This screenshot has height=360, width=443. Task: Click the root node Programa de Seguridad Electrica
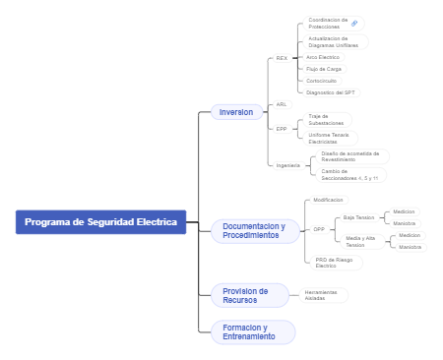pyautogui.click(x=100, y=222)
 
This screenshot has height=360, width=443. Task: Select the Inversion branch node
pyautogui.click(x=236, y=112)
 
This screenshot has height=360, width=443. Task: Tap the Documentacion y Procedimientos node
pyautogui.click(x=253, y=231)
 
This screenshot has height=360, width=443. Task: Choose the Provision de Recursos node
pyautogui.click(x=245, y=295)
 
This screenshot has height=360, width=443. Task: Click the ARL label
pyautogui.click(x=282, y=104)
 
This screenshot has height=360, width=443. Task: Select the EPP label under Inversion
pyautogui.click(x=282, y=129)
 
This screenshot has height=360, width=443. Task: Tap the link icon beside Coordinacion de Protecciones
pyautogui.click(x=355, y=23)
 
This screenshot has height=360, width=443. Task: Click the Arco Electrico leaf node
pyautogui.click(x=324, y=57)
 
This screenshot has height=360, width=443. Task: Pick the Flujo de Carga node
pyautogui.click(x=324, y=69)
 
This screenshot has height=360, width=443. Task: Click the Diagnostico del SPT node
pyautogui.click(x=332, y=92)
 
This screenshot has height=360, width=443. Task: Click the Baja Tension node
pyautogui.click(x=358, y=217)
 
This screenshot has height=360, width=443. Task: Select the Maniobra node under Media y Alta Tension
pyautogui.click(x=410, y=247)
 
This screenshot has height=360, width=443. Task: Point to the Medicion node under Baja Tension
pyautogui.click(x=404, y=211)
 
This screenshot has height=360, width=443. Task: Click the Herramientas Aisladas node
pyautogui.click(x=321, y=294)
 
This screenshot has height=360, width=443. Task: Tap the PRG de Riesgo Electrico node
pyautogui.click(x=334, y=263)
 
